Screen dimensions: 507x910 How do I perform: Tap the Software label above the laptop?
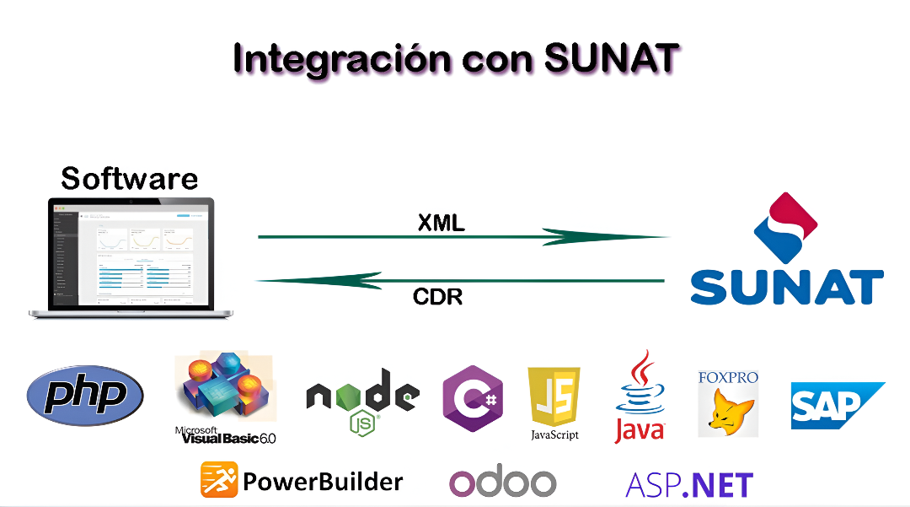pos(130,178)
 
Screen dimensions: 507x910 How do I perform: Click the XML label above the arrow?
pos(442,223)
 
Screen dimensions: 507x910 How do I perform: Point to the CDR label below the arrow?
pos(437,297)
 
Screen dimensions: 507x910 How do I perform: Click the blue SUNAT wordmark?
pos(787,286)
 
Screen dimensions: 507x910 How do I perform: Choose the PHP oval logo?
pos(85,394)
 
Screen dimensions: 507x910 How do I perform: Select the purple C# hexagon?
pos(473,397)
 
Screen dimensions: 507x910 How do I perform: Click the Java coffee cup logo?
pos(639,396)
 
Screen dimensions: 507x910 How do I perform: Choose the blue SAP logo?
pos(836,405)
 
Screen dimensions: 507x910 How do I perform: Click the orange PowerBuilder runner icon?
pos(219,480)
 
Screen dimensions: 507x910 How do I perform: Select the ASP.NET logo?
pos(688,484)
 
